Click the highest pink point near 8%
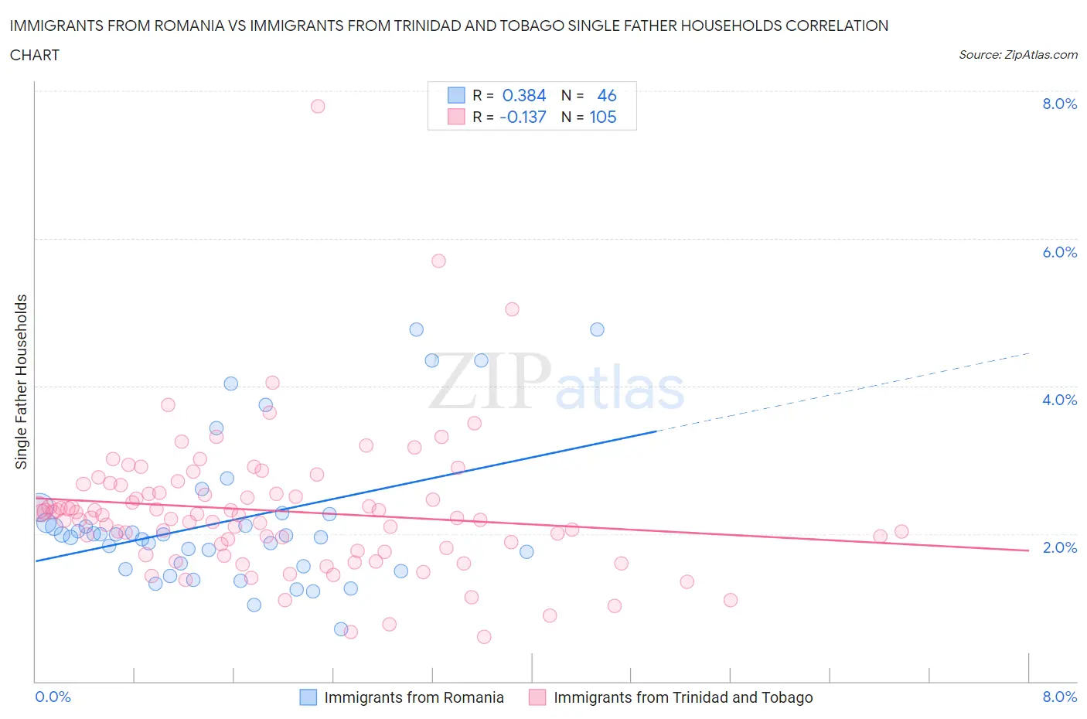coord(318,106)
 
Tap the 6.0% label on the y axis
coord(1059,252)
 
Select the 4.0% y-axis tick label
coord(1059,400)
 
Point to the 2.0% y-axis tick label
coord(1059,547)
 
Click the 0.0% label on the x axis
coord(53,697)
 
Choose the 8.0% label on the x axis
coord(1059,697)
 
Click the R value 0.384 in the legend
coord(524,95)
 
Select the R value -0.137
coord(523,117)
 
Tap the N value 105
coord(603,117)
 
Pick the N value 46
coord(607,95)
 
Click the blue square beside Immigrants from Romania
coord(308,697)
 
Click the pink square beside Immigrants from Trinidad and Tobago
coord(537,697)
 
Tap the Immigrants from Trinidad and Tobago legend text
coord(683,697)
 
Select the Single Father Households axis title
coord(21,382)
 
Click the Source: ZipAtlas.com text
coord(1018,54)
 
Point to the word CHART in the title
coord(35,55)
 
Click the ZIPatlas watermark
coord(557,383)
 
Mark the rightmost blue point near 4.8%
coord(597,329)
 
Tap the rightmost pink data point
coord(901,531)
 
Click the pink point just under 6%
coord(438,261)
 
